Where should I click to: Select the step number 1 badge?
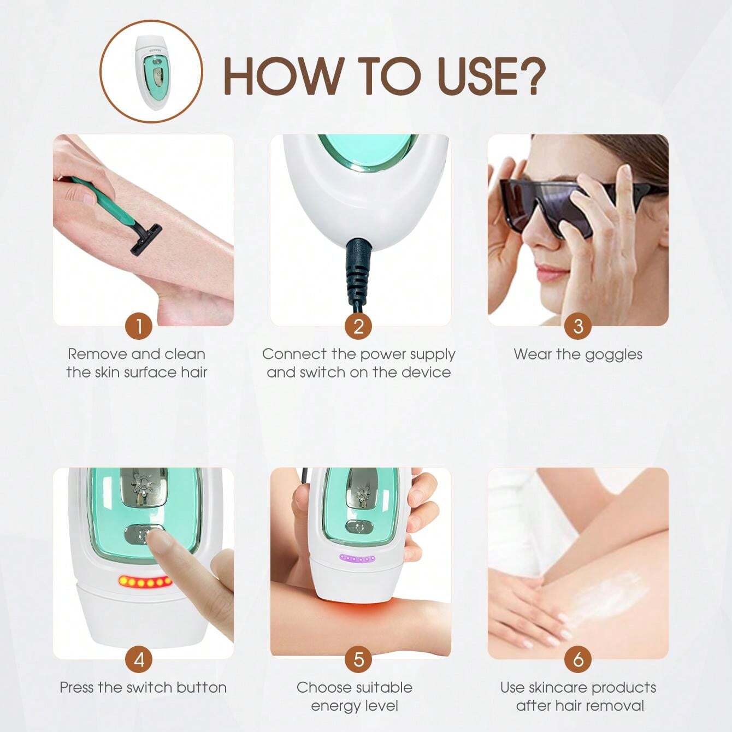(139, 326)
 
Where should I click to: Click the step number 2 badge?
(358, 326)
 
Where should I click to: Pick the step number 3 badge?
(578, 326)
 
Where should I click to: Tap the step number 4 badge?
(139, 659)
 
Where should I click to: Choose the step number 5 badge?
(358, 659)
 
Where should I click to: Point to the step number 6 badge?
(578, 659)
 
